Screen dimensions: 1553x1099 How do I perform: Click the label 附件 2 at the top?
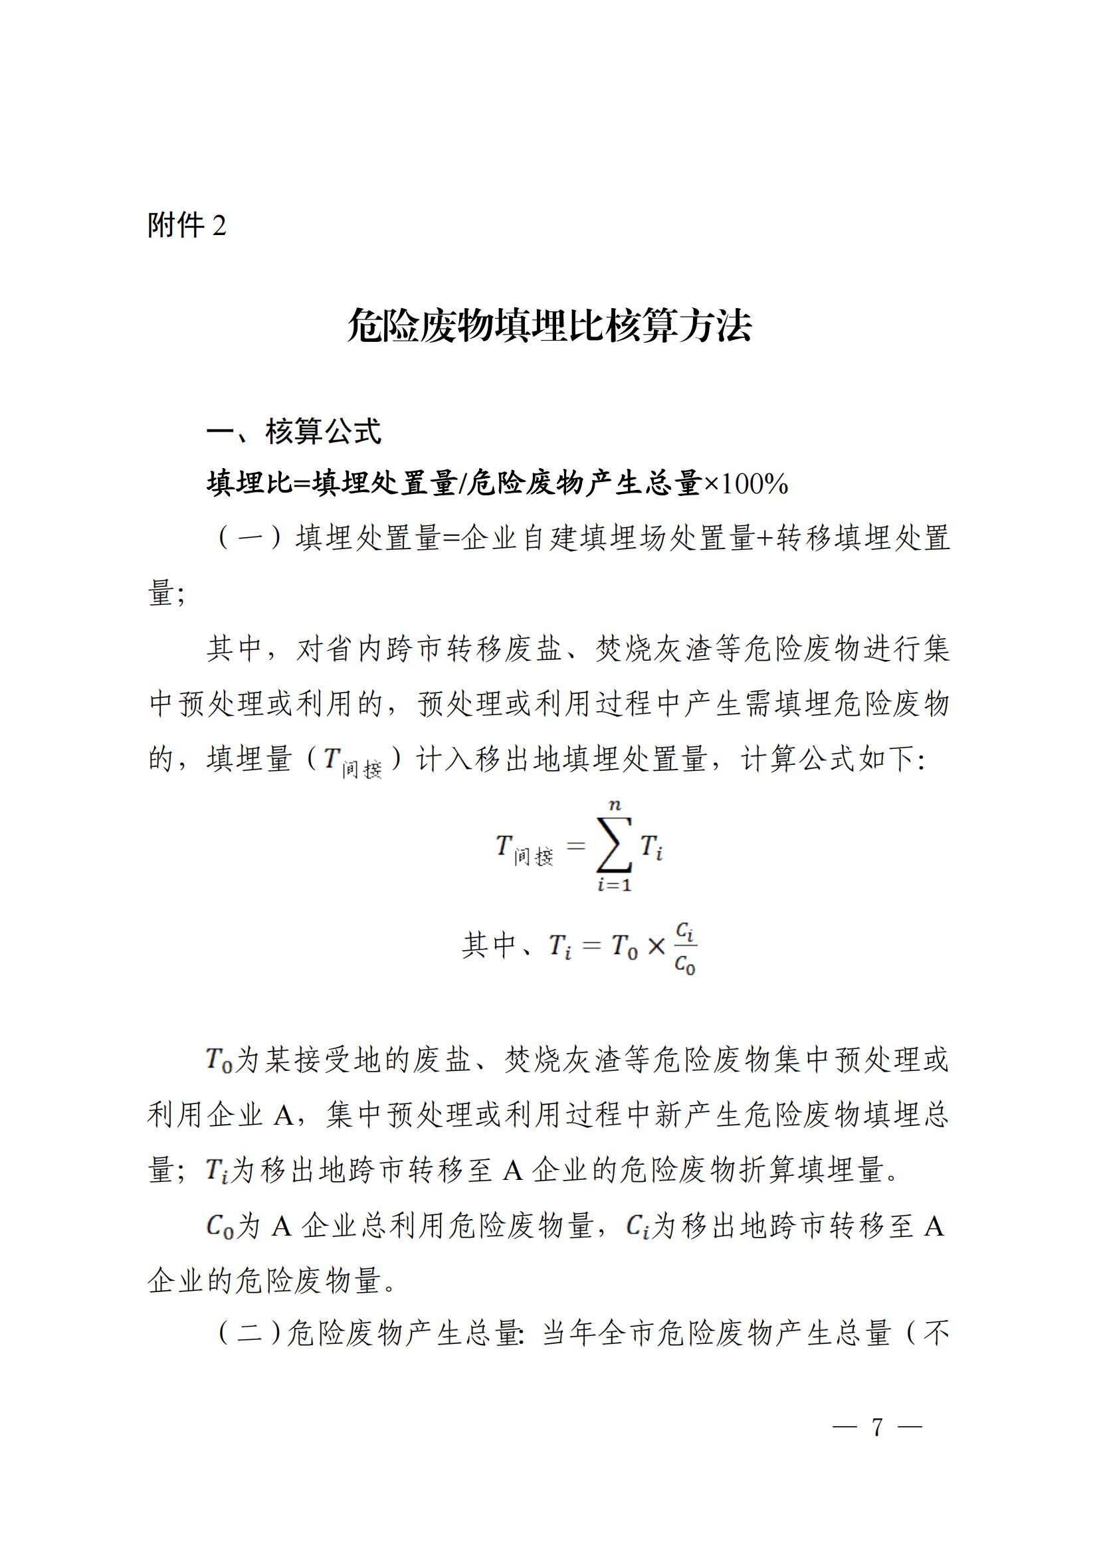pos(187,225)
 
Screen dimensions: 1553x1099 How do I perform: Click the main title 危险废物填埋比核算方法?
pos(549,326)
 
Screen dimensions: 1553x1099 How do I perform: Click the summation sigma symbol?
pos(614,845)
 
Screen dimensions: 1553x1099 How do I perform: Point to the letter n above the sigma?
pos(615,805)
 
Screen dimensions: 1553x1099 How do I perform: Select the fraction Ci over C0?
pos(685,947)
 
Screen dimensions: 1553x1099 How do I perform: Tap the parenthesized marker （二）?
pos(249,1332)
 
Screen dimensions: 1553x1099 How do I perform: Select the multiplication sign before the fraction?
pos(656,946)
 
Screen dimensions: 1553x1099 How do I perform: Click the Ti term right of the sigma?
pos(651,847)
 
